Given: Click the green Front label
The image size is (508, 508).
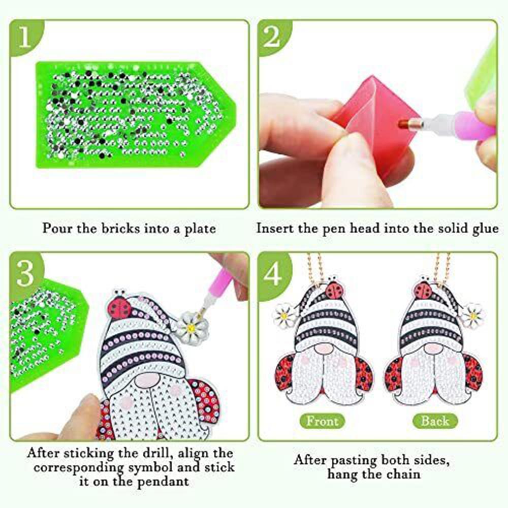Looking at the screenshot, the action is point(323,421).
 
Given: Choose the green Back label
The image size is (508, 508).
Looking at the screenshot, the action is point(435,421).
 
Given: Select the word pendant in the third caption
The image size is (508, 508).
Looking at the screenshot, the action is point(163,482).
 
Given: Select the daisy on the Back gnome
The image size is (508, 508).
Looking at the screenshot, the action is point(472,315).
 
